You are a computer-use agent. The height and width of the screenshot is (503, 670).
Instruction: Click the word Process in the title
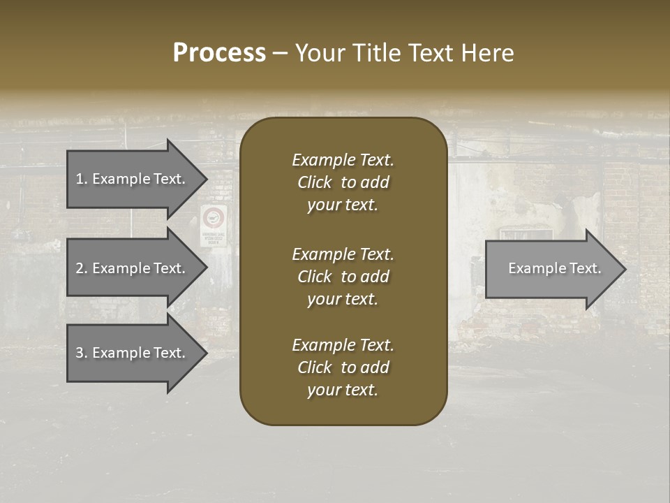(219, 53)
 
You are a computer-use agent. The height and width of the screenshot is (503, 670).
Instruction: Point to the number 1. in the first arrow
(81, 179)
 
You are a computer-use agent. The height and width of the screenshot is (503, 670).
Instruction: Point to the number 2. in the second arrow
(81, 268)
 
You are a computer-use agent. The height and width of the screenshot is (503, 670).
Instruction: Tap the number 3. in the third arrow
(81, 353)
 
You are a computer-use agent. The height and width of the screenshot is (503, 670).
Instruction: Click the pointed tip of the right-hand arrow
(623, 269)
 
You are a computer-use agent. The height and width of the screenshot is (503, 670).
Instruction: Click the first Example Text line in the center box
(343, 160)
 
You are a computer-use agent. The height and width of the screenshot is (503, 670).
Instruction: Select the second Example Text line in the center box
(343, 254)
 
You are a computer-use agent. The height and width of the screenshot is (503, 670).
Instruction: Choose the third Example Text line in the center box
(343, 345)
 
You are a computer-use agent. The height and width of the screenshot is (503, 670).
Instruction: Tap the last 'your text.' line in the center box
(343, 390)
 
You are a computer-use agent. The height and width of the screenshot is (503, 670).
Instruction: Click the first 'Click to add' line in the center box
(343, 182)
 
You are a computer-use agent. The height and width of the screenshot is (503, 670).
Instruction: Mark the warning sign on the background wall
(214, 225)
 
